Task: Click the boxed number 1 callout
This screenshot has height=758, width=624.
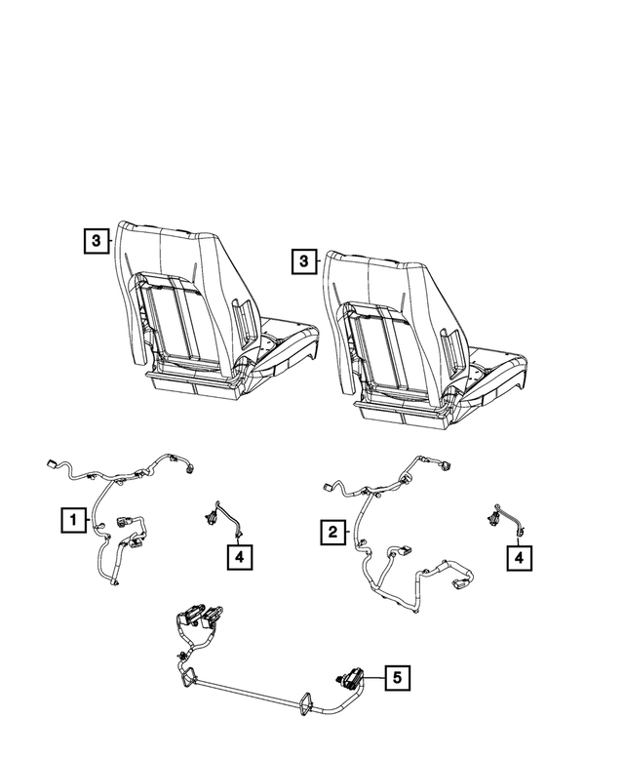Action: pos(71,521)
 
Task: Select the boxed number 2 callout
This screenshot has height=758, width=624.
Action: pos(332,532)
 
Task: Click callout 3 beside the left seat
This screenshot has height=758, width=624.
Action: pos(96,240)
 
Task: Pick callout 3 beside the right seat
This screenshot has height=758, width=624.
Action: pos(304,261)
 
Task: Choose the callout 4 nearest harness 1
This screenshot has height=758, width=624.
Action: pos(240,556)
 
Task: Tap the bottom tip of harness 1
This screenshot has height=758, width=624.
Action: pos(115,584)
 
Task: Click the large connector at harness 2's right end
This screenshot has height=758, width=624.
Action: pos(458,587)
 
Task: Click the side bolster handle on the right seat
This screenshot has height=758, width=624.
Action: pos(451,340)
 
